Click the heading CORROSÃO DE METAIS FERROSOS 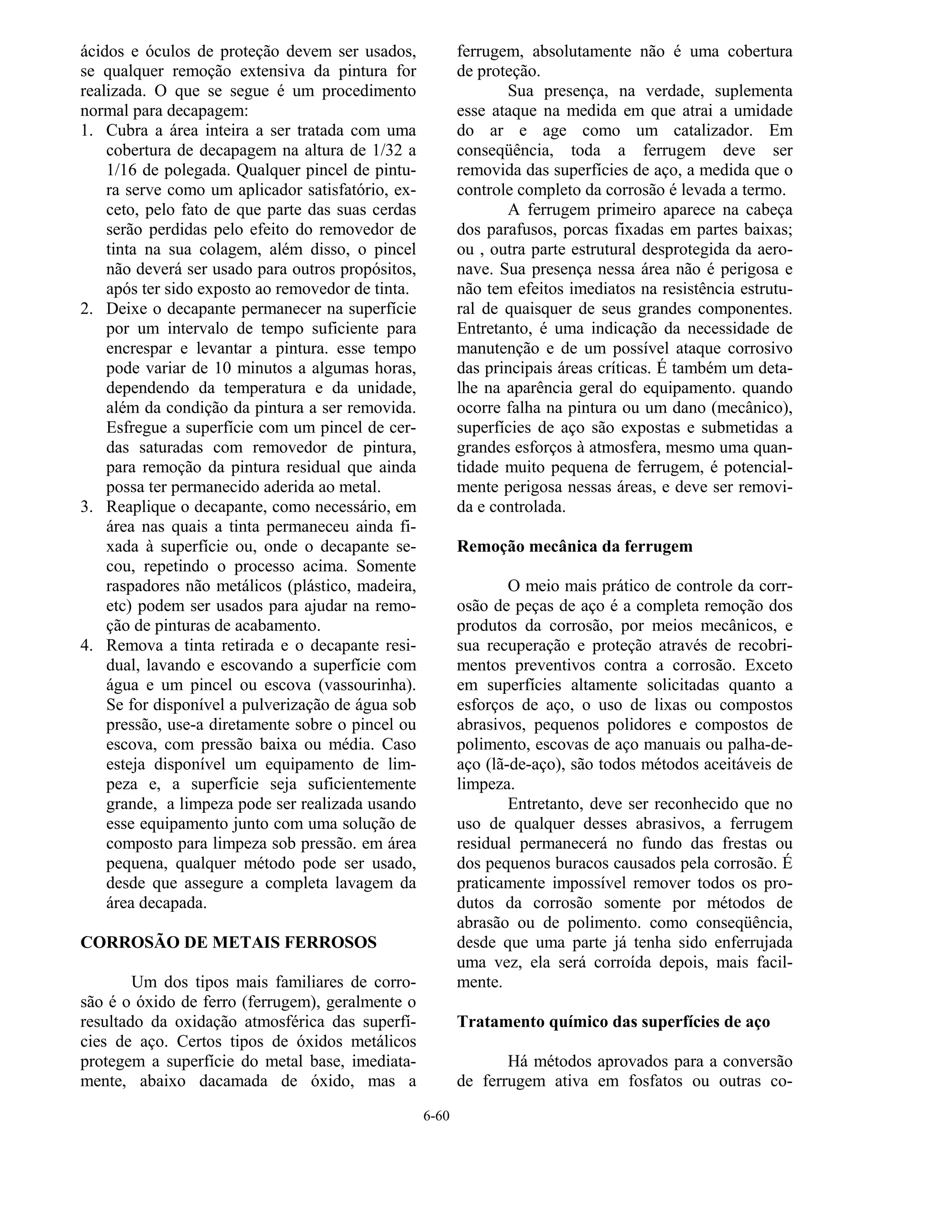228,942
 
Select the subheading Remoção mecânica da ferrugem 574,547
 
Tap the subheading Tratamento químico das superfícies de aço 613,1022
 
